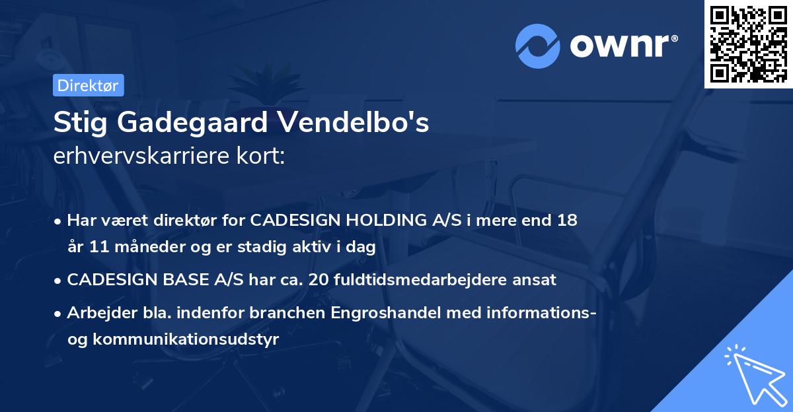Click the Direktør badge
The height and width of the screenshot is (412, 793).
[x=88, y=85]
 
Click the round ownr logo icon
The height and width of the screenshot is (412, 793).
[x=538, y=46]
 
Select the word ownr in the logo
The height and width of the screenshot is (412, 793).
[x=621, y=46]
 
